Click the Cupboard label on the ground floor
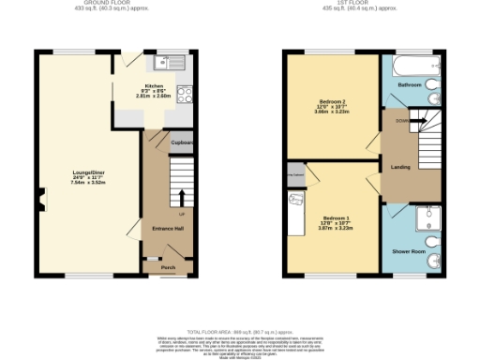click(182, 142)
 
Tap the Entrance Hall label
click(155, 228)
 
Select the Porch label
click(168, 267)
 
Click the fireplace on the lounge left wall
click(40, 197)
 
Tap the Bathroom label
click(410, 84)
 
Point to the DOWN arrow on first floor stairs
click(400, 121)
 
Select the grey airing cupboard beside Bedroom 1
click(294, 174)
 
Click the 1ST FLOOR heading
click(359, 4)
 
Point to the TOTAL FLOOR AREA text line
click(239, 332)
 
